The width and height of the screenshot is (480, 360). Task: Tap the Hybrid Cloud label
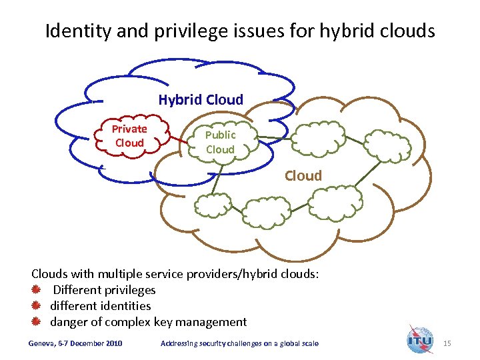point(201,100)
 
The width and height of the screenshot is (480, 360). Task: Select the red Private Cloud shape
point(129,136)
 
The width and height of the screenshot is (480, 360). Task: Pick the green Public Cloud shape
point(220,142)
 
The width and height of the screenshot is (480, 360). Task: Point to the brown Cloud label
point(303,176)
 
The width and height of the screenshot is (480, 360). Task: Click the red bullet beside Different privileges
point(37,290)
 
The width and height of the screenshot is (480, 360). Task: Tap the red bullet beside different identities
point(37,306)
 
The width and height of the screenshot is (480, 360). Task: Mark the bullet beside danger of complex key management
point(37,322)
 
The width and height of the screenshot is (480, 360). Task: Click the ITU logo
point(420,341)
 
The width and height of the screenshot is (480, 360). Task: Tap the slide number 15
point(447,343)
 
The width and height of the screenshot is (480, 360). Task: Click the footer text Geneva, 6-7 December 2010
point(75,343)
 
